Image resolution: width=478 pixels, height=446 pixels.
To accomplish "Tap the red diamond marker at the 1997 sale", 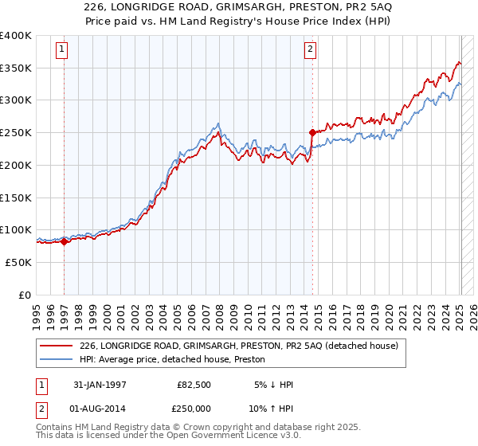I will [x=65, y=241].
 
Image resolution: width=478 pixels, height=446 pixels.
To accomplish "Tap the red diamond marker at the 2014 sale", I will [x=312, y=133].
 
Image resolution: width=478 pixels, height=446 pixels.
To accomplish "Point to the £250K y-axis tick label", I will [x=16, y=133].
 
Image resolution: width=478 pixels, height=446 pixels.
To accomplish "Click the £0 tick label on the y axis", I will [x=25, y=295].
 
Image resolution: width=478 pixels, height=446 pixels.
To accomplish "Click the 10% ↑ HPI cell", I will [x=272, y=409].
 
